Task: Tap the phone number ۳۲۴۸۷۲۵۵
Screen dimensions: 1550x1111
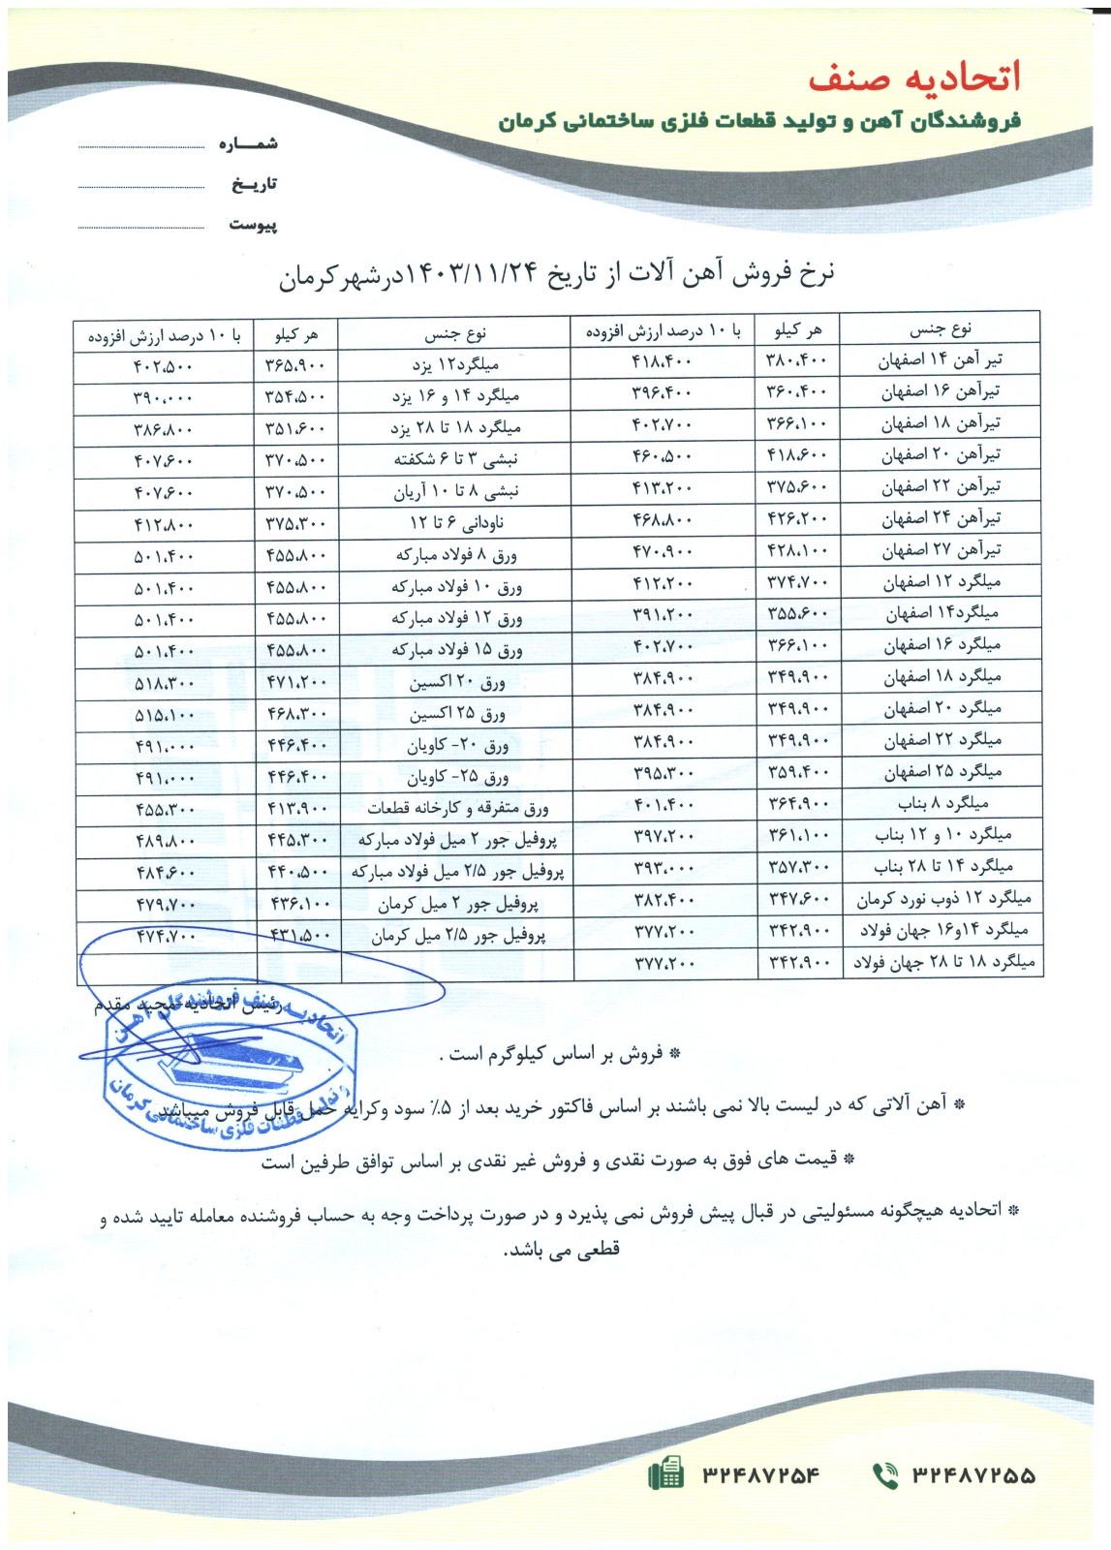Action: (972, 1475)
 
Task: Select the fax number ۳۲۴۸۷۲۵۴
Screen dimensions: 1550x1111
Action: (760, 1475)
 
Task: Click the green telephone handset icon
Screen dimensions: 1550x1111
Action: (885, 1475)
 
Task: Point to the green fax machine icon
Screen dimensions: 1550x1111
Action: (665, 1475)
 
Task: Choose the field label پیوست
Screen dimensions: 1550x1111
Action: (253, 225)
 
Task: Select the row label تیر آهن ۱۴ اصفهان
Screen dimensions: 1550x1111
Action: (941, 360)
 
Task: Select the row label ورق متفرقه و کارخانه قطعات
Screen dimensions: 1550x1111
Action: (457, 808)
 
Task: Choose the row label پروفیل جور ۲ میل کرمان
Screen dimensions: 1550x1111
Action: (457, 906)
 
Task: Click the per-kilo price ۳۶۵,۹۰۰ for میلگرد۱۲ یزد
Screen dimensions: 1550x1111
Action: (296, 366)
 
